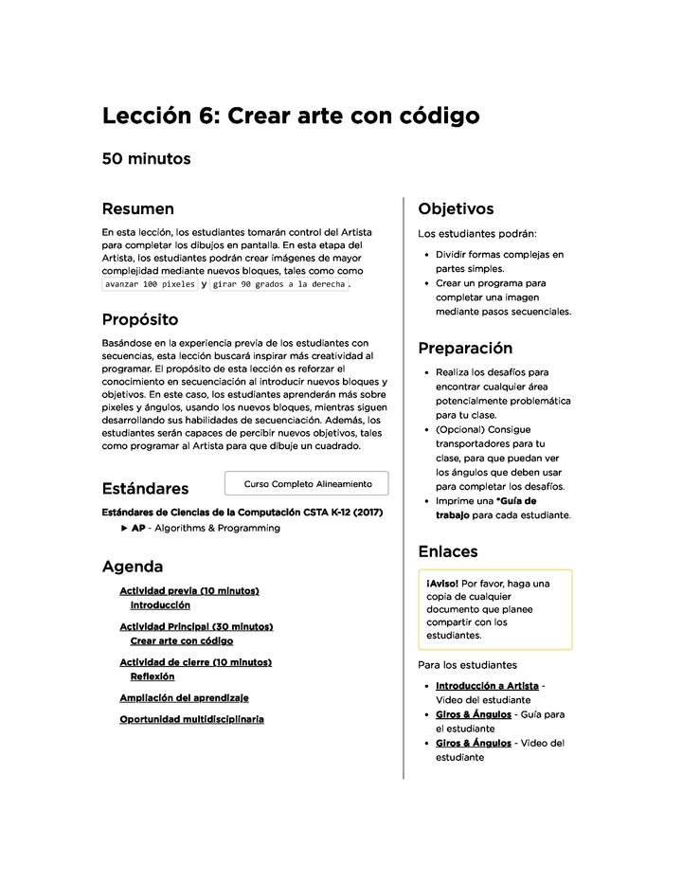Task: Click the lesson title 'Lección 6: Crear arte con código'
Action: click(x=290, y=116)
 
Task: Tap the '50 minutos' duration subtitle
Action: click(x=146, y=159)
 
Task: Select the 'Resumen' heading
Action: click(x=137, y=208)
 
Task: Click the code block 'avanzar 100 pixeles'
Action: click(x=149, y=283)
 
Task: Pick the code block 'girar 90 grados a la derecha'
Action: click(x=278, y=283)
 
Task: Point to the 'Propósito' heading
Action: click(x=139, y=319)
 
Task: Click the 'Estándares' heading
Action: click(x=145, y=489)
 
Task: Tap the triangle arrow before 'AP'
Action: click(x=125, y=529)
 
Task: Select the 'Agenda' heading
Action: click(x=133, y=567)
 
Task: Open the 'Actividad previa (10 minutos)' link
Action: click(x=188, y=591)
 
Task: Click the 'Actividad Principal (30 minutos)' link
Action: click(x=196, y=626)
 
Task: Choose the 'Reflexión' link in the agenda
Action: click(x=153, y=676)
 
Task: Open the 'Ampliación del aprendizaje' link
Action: click(x=184, y=697)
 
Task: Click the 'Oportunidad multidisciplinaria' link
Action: click(x=191, y=719)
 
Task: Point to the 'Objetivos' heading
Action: click(x=456, y=208)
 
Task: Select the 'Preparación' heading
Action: click(x=465, y=348)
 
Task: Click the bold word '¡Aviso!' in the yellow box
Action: click(x=442, y=583)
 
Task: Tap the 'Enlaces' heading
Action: click(x=448, y=550)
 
